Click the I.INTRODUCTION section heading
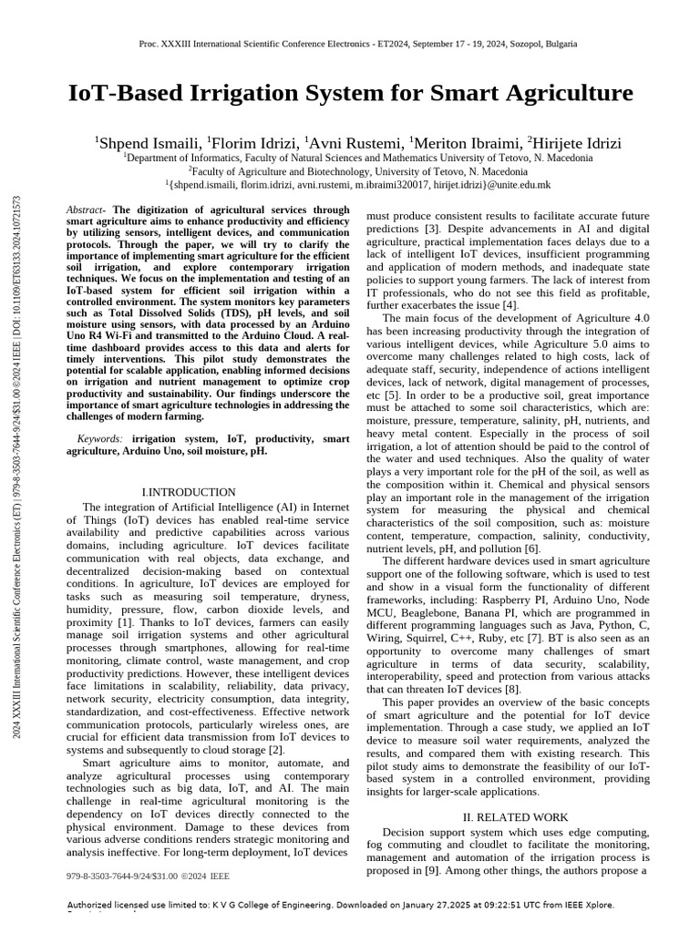[189, 492]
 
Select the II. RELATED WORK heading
[515, 817]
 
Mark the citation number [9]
[429, 871]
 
